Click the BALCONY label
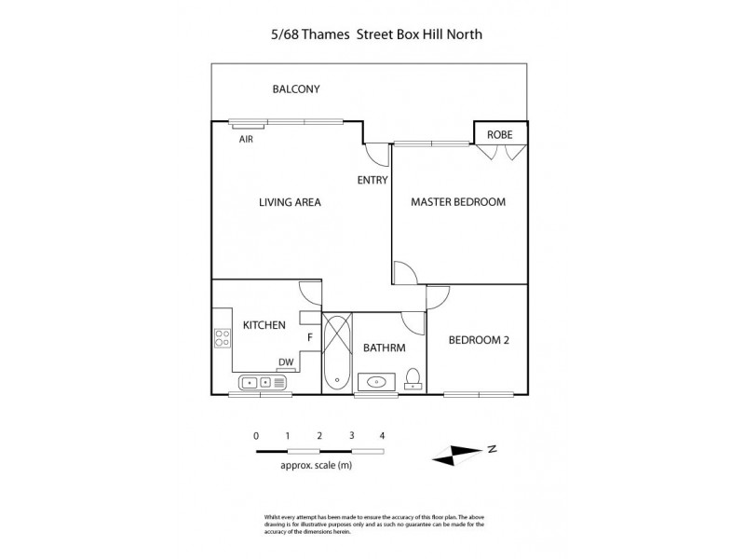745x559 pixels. coord(296,89)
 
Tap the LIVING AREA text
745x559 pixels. coord(290,201)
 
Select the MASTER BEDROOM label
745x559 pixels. coord(458,201)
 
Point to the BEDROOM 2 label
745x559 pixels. coord(479,340)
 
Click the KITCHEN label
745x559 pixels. coord(264,325)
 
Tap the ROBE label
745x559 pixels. coord(500,135)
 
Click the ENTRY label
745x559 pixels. coord(372,181)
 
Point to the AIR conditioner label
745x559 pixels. coord(246,140)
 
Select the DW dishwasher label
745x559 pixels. coord(286,362)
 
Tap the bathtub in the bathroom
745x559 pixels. coord(335,354)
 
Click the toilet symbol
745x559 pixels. coord(413,378)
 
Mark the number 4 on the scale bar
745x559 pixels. coord(382,435)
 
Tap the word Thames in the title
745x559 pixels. coord(319,35)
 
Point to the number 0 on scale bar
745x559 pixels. coord(256,435)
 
